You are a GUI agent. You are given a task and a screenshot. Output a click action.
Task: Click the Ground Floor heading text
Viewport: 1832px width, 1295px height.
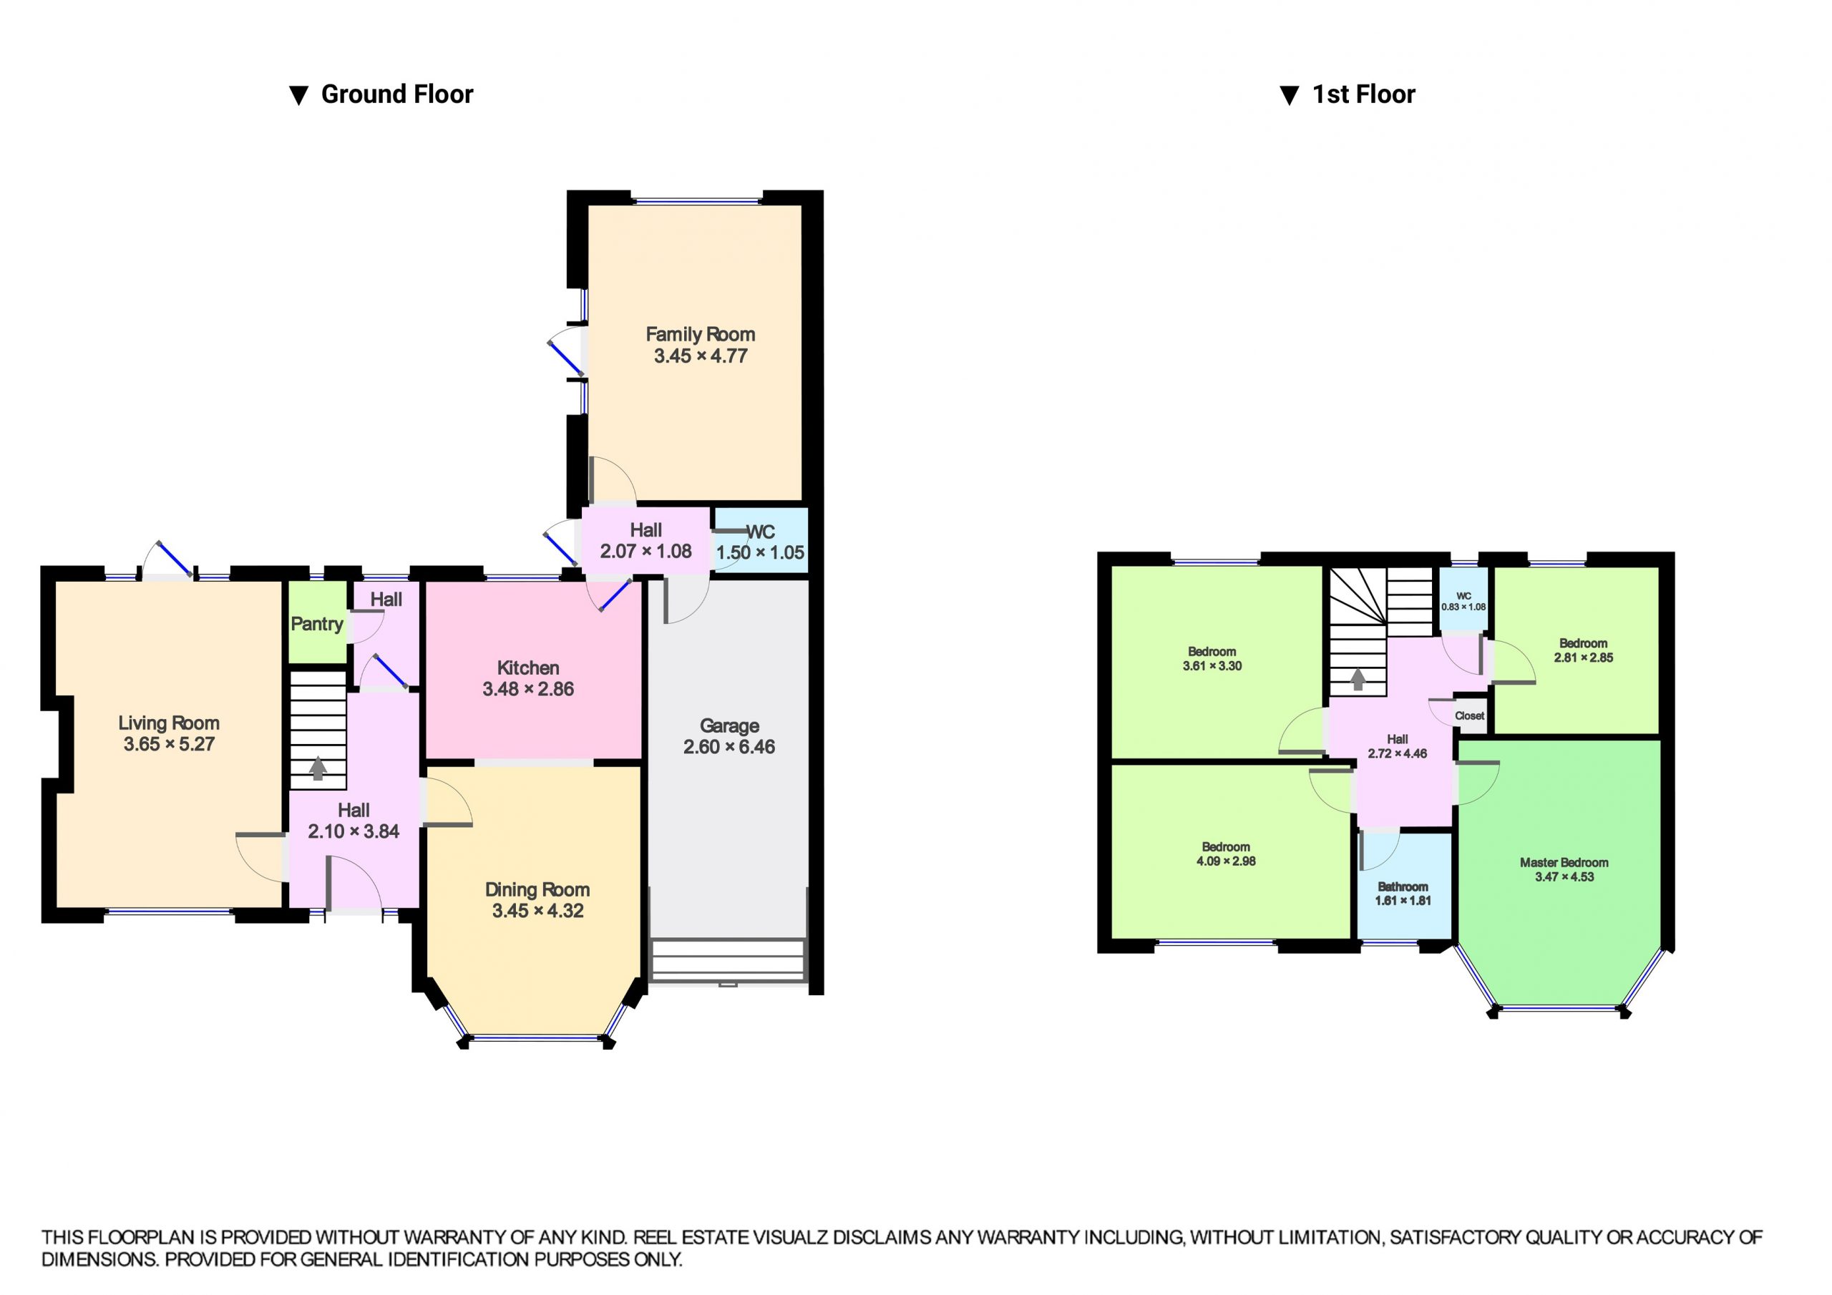point(396,94)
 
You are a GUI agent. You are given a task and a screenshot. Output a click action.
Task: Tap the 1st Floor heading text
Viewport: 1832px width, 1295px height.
point(1364,94)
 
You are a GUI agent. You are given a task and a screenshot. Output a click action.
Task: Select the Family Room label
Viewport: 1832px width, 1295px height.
point(700,334)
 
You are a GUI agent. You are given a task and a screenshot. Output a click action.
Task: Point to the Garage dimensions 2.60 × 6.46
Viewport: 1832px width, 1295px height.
point(729,747)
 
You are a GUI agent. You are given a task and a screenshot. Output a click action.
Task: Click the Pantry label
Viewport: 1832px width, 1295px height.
point(317,624)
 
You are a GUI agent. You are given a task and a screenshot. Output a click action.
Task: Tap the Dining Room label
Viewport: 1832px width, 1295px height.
point(537,889)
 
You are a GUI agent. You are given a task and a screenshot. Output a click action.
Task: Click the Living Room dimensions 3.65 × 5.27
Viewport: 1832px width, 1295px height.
point(168,744)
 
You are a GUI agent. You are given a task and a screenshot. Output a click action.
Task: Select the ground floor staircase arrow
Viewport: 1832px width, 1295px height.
point(318,768)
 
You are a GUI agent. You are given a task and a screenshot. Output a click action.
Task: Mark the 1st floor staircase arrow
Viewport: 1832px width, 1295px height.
point(1358,679)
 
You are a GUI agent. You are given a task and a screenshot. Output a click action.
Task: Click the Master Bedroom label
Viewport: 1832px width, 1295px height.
point(1563,863)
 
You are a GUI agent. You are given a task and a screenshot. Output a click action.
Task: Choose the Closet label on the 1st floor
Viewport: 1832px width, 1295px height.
point(1469,715)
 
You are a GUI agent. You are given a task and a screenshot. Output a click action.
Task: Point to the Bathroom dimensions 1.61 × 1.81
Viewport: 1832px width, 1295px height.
point(1403,901)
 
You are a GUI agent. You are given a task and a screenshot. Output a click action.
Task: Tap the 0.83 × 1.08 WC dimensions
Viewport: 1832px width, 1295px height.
point(1463,607)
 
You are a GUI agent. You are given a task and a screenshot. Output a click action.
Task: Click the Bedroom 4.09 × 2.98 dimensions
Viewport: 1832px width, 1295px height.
point(1226,861)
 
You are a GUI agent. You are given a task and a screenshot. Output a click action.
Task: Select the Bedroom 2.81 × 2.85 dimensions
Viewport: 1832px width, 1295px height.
point(1583,658)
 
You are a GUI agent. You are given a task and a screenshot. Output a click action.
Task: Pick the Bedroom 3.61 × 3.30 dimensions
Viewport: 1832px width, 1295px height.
point(1212,665)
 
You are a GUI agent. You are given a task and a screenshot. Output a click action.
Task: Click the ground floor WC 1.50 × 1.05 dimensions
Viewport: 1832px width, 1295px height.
point(759,552)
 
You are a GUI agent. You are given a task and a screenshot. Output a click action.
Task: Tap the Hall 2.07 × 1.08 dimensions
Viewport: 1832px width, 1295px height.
point(645,551)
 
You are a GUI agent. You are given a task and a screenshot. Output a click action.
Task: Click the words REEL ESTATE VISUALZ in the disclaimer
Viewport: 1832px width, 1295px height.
point(729,1238)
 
